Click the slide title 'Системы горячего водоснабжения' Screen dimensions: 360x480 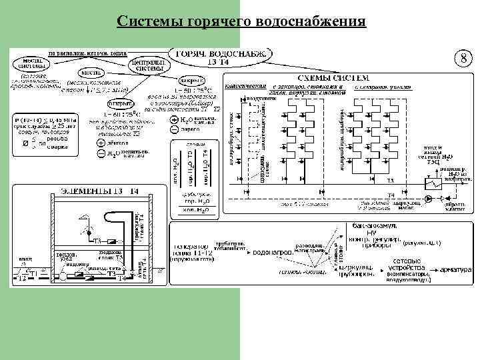(x=241, y=22)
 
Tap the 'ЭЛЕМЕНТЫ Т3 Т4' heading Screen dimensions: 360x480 (x=100, y=192)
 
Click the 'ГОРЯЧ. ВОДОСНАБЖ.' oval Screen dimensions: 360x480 (x=220, y=57)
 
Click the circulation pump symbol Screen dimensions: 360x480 (x=429, y=198)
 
